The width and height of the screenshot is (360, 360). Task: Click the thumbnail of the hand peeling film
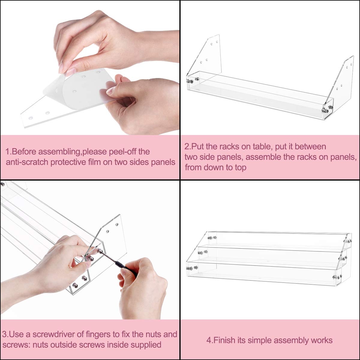tap(90, 67)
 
